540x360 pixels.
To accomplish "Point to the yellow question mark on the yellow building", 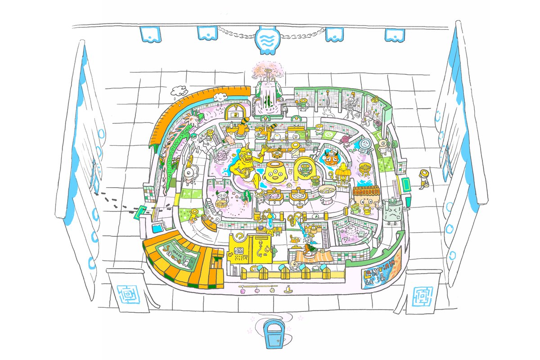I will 241,238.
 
